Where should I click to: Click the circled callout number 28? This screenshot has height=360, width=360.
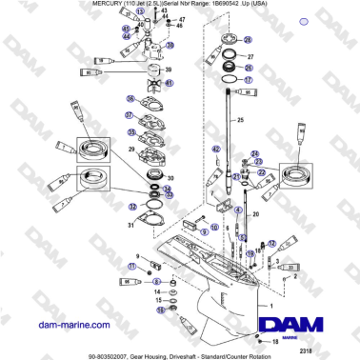click(248, 40)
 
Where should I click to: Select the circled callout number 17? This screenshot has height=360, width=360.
click(247, 82)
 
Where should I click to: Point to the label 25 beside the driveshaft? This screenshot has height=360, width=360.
click(240, 119)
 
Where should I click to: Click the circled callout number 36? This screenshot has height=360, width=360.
click(131, 98)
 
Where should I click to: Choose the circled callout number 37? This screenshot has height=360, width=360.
click(131, 116)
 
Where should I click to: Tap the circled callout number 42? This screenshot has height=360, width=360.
click(216, 150)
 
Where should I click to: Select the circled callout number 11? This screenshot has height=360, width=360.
click(132, 269)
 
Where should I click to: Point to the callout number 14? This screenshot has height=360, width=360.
click(158, 291)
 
